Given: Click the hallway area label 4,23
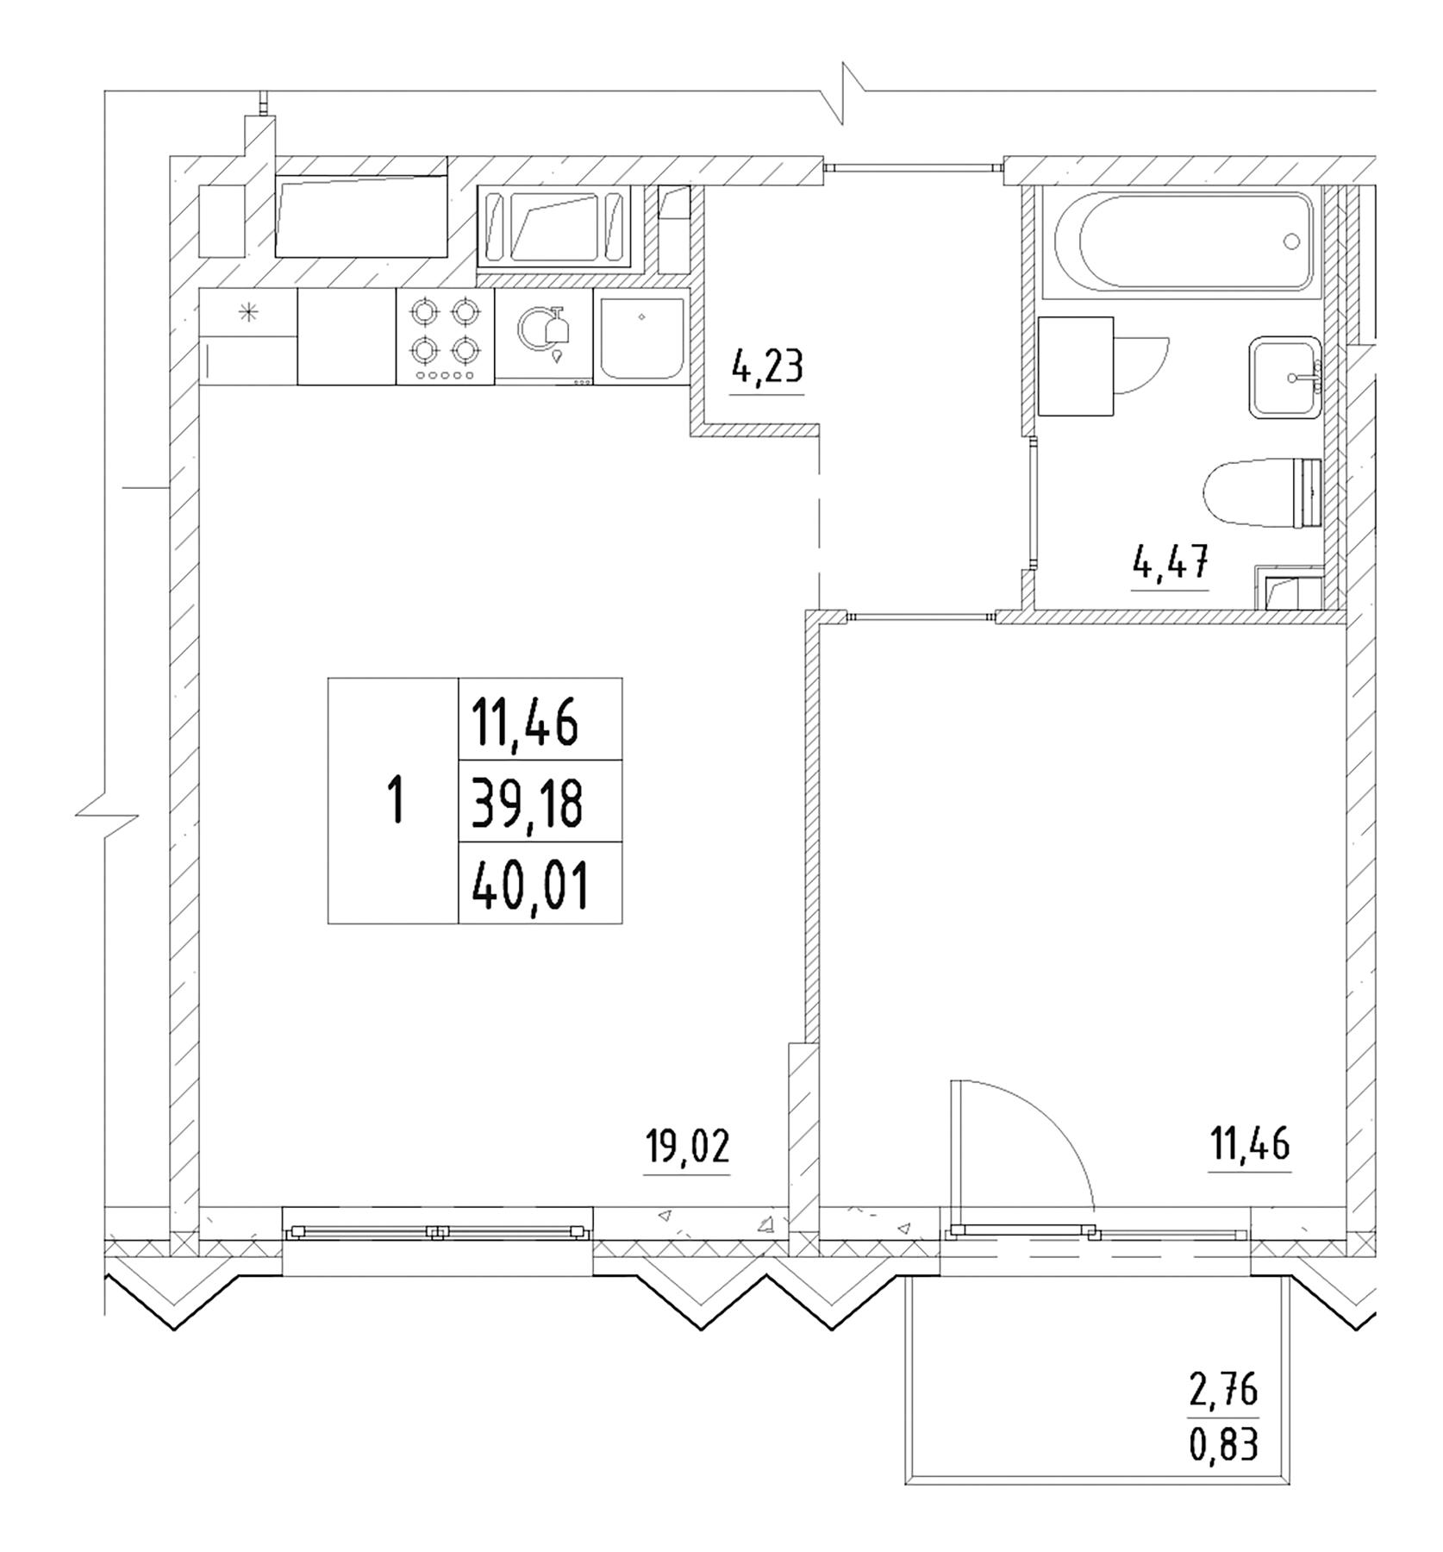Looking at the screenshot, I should pos(766,367).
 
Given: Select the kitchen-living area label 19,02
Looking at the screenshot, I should pos(687,1148).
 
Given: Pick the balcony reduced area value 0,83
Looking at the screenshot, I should pos(1223,1444).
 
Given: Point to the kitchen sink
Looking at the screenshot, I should pos(641,337).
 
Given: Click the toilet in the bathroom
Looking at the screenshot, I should pos(1260,494).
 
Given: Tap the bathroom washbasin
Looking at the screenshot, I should pos(1285,378).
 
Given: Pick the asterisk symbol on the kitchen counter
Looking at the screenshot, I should pos(248,313).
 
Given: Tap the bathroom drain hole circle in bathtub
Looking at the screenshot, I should pos(1290,241).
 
